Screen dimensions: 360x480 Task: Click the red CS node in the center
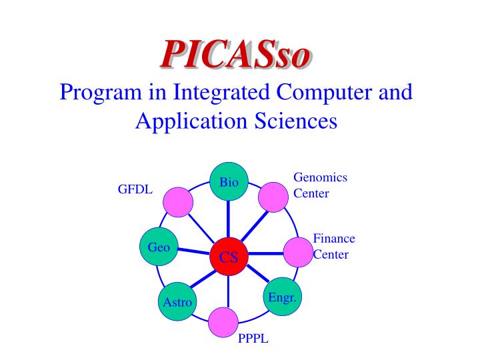click(x=229, y=257)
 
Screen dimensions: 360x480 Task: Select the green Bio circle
click(x=229, y=182)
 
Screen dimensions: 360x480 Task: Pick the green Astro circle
click(x=177, y=302)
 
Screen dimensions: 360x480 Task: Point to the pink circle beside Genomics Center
click(x=273, y=197)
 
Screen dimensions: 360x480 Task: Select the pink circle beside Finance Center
click(x=299, y=253)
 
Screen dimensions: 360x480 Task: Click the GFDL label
click(x=135, y=189)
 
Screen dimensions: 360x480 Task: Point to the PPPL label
click(x=253, y=339)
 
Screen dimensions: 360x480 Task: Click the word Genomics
click(x=321, y=177)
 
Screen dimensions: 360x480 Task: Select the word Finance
click(x=334, y=239)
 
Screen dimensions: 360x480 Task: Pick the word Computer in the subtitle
click(x=327, y=92)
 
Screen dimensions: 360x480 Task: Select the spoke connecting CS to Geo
click(x=193, y=252)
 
